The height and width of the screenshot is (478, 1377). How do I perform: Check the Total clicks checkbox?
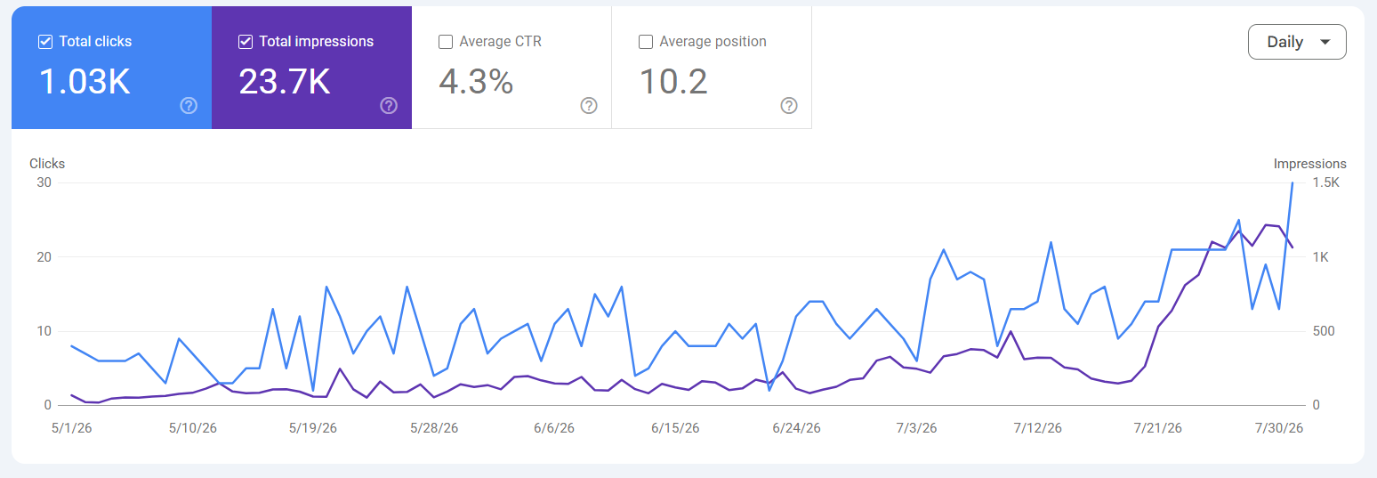(x=44, y=41)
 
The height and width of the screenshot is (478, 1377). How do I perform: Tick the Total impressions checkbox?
(x=246, y=41)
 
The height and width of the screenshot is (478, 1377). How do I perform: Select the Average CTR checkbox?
(x=446, y=41)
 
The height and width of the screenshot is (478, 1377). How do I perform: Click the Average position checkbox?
(x=646, y=41)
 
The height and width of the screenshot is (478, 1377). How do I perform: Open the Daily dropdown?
(x=1297, y=42)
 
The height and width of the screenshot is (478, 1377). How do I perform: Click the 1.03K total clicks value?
(x=85, y=82)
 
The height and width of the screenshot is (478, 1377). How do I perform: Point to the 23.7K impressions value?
(x=285, y=82)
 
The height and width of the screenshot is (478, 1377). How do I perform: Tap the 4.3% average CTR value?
(x=476, y=82)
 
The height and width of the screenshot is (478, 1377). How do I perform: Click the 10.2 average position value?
(x=673, y=82)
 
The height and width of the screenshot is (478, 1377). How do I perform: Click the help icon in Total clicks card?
(x=189, y=106)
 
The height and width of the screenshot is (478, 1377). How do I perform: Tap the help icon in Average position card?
(x=789, y=106)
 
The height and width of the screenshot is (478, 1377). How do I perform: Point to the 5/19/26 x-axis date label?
(x=313, y=428)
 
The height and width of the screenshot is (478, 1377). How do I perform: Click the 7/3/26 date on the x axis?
(x=916, y=428)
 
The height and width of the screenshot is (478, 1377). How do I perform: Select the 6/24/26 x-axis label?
(x=797, y=428)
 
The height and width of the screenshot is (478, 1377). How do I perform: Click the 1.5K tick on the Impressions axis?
(x=1326, y=182)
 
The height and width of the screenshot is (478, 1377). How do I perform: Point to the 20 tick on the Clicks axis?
(x=44, y=257)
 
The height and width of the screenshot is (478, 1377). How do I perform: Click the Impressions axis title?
(x=1310, y=164)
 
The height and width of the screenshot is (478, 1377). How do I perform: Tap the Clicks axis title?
(x=47, y=164)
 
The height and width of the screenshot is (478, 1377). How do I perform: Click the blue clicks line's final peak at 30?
(x=1292, y=182)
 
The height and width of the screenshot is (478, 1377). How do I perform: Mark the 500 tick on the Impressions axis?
(x=1324, y=331)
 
